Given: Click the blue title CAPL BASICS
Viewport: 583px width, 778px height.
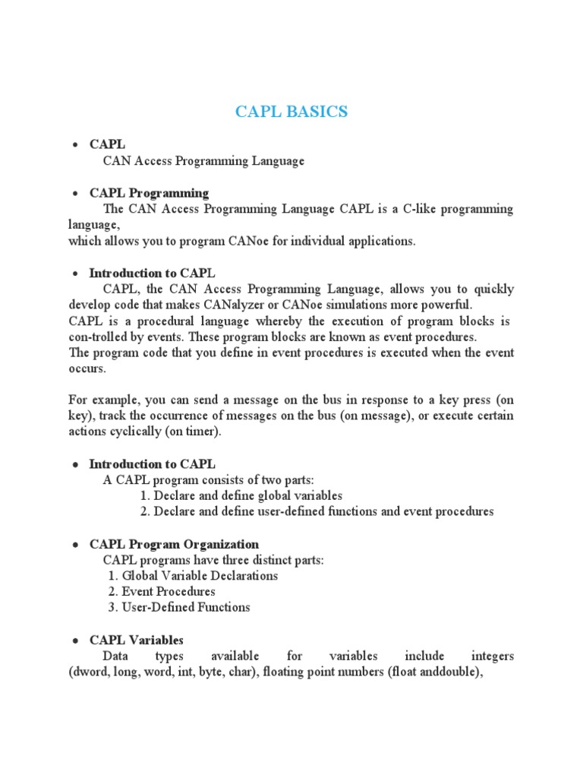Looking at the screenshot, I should pyautogui.click(x=291, y=112).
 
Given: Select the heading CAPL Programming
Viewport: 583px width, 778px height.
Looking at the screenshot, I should pyautogui.click(x=149, y=192).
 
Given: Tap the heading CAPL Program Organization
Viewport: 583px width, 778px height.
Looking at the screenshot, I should pyautogui.click(x=174, y=544).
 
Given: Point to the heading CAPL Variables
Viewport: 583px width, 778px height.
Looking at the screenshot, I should pyautogui.click(x=137, y=640).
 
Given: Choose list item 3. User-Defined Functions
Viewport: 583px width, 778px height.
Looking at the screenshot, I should pyautogui.click(x=179, y=607).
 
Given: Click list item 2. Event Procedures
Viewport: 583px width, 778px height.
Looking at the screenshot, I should pyautogui.click(x=162, y=591).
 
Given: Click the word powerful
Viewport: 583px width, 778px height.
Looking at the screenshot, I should pyautogui.click(x=444, y=305).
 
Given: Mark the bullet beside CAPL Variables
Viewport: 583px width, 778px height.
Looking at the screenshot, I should pyautogui.click(x=76, y=640).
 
